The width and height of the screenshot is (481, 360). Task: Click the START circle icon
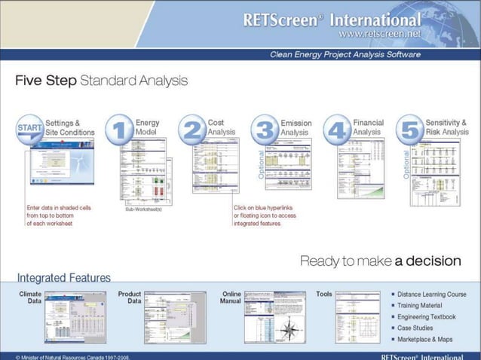(x=29, y=129)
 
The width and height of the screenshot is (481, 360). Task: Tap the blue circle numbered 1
(x=118, y=129)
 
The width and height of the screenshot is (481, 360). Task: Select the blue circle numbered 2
(x=192, y=129)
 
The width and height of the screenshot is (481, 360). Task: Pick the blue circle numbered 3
(x=265, y=130)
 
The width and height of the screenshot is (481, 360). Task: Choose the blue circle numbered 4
(x=337, y=130)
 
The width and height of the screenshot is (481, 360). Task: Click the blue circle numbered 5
(x=410, y=130)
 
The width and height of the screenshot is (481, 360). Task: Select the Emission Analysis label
(x=296, y=127)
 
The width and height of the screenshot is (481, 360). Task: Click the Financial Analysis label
(x=367, y=127)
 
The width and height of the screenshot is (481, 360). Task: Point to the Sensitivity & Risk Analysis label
(x=446, y=127)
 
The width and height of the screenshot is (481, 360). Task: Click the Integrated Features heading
(x=63, y=278)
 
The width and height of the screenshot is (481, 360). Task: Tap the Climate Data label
(x=30, y=297)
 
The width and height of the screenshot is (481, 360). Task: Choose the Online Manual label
(x=231, y=297)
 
